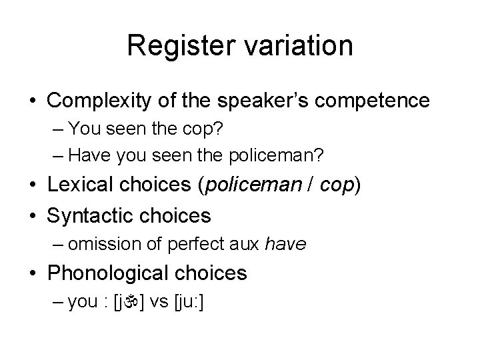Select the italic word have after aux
(285, 245)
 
